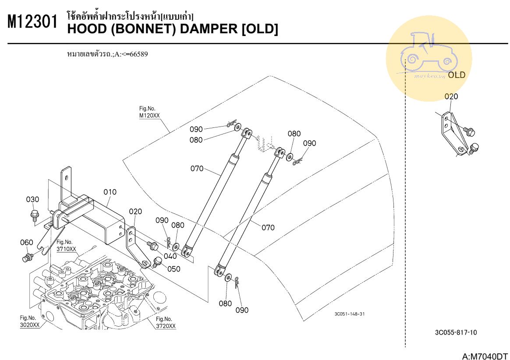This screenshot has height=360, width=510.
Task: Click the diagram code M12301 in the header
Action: pos(33,23)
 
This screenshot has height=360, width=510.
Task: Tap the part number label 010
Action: pos(110,192)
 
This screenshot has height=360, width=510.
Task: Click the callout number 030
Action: pos(32,199)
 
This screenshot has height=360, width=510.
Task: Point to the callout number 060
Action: pos(27,242)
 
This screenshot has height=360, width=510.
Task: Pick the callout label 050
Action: pos(174,269)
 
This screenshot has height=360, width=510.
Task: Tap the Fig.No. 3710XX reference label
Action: pos(66,246)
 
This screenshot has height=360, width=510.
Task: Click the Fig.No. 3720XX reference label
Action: pos(166,323)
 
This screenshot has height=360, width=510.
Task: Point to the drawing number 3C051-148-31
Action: pos(349,314)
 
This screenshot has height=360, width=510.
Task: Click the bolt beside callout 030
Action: pos(34,215)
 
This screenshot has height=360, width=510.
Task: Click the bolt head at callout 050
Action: pos(158,261)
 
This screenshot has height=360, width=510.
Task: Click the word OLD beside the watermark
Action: pos(457,75)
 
